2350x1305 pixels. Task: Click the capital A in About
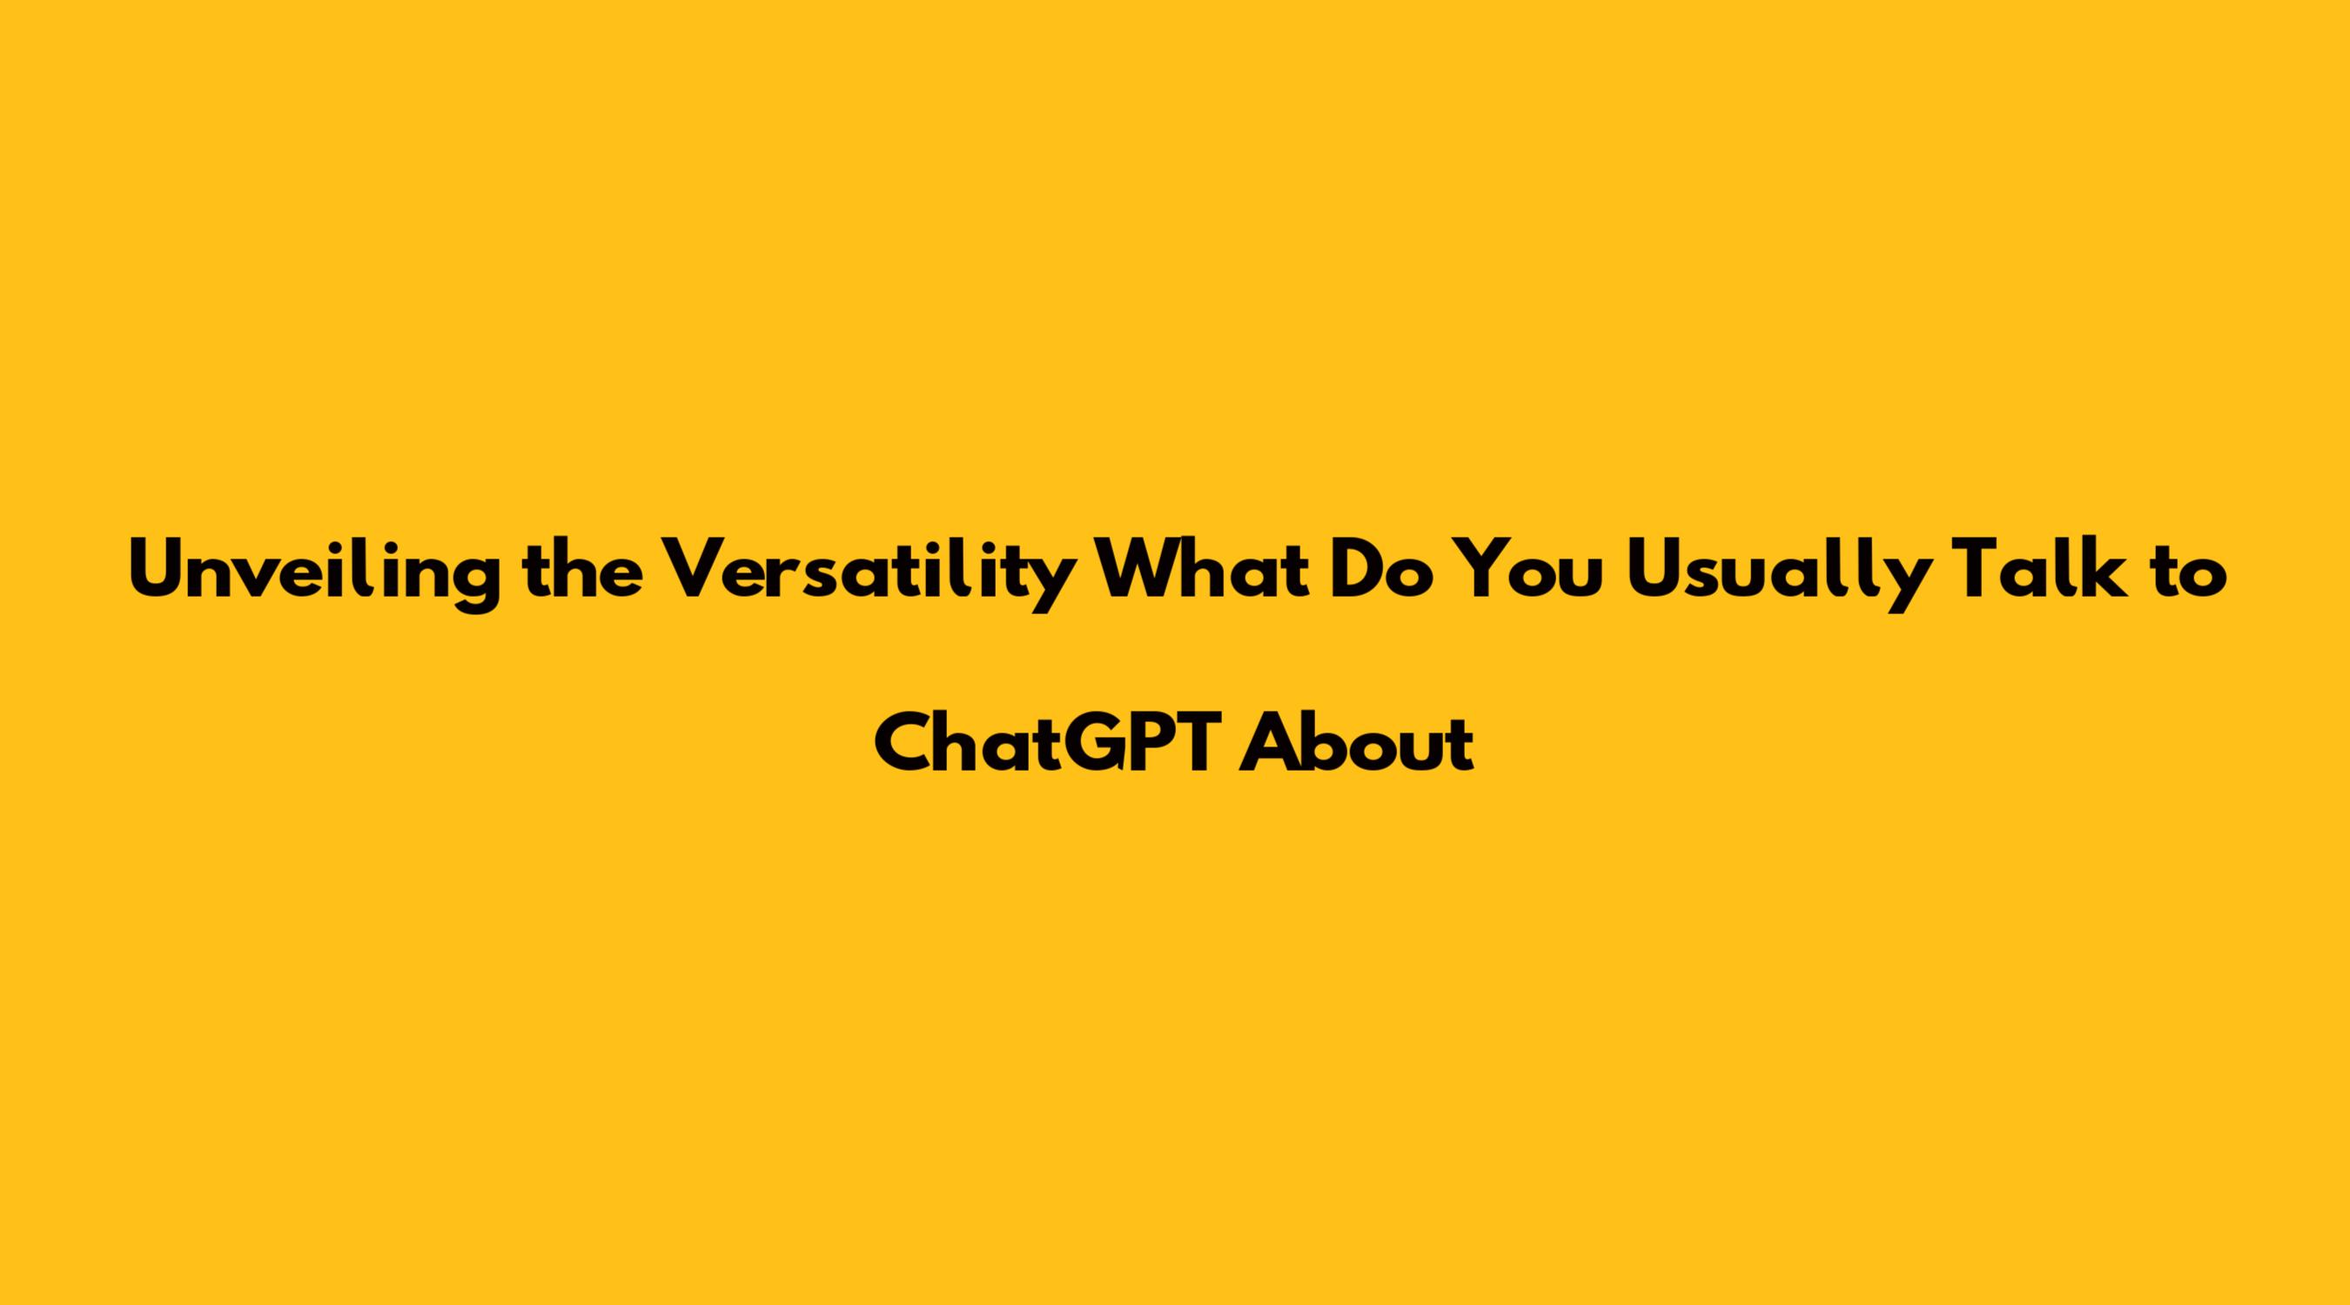1271,742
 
